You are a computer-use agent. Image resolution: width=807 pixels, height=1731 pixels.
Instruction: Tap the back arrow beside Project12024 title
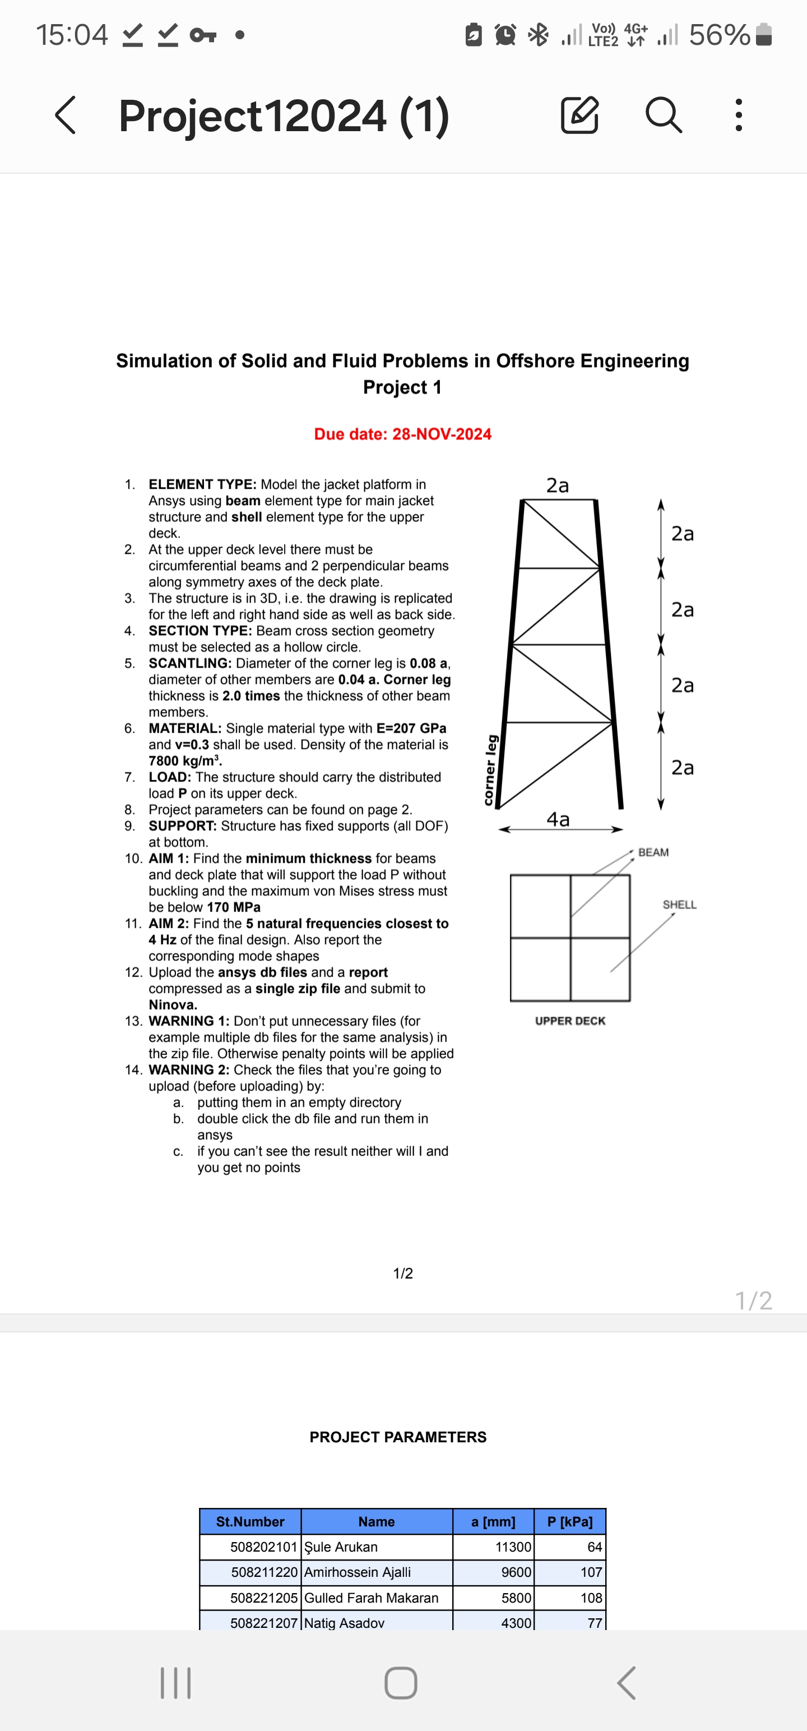click(65, 115)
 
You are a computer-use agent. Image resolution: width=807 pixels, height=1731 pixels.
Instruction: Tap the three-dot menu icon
click(739, 115)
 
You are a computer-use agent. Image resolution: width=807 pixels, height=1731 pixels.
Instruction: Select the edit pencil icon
click(579, 115)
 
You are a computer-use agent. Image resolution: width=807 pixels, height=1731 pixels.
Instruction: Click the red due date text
click(402, 434)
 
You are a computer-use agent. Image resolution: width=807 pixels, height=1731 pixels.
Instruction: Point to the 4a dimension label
click(558, 819)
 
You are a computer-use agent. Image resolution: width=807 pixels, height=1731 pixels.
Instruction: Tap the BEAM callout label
click(653, 852)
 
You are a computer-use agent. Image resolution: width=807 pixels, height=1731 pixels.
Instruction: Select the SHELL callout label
click(679, 905)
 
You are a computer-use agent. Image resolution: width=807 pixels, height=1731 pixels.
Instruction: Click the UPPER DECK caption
click(570, 1021)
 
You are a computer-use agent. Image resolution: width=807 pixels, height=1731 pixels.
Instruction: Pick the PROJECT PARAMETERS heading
click(398, 1437)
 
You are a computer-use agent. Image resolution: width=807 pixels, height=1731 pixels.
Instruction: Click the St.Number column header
click(250, 1521)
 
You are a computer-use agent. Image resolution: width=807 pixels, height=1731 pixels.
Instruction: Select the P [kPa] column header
click(570, 1521)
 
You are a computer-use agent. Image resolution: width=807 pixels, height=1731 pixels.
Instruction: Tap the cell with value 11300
click(513, 1547)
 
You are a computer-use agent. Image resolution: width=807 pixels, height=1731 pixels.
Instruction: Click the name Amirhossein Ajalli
click(358, 1572)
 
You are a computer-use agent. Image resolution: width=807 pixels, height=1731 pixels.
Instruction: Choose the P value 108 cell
click(591, 1598)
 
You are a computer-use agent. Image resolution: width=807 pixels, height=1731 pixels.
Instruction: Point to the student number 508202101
click(263, 1547)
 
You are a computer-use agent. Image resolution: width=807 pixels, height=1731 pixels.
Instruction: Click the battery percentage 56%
click(719, 35)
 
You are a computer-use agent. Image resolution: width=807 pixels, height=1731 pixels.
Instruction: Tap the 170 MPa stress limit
click(233, 907)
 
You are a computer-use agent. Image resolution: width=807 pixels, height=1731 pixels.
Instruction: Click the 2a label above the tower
click(557, 485)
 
